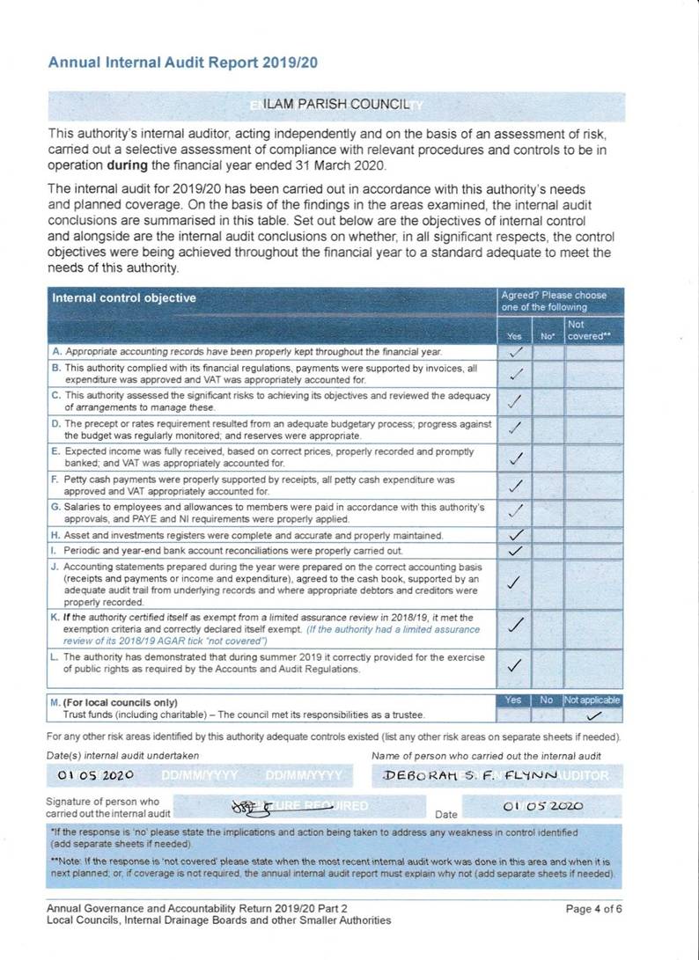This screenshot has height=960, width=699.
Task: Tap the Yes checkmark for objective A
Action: (516, 352)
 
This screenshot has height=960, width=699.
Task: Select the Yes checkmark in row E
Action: (517, 458)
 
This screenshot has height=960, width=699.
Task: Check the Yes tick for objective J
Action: (517, 582)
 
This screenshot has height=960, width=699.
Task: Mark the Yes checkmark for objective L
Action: (517, 664)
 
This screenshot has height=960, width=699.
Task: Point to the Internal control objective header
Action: (124, 298)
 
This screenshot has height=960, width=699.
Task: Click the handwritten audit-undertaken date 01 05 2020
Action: (95, 776)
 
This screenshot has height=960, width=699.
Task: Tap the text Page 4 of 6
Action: (594, 909)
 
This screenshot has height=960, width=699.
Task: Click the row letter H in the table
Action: (55, 535)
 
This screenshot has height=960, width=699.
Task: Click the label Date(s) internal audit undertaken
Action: (122, 755)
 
